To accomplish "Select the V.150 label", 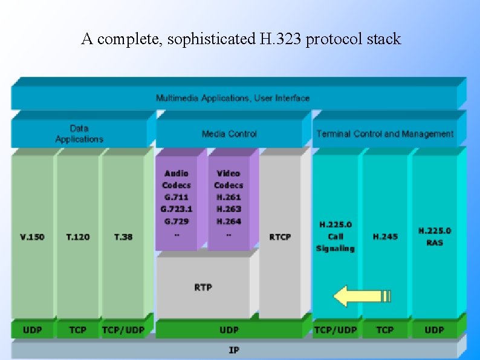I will pyautogui.click(x=32, y=237).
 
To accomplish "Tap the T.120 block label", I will pyautogui.click(x=78, y=237).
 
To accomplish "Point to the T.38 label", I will pyautogui.click(x=123, y=237).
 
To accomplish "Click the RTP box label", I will pyautogui.click(x=203, y=287).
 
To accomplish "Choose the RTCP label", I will pyautogui.click(x=280, y=237).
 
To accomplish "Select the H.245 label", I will pyautogui.click(x=385, y=237).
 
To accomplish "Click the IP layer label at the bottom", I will pyautogui.click(x=233, y=350).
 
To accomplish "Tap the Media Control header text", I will pyautogui.click(x=229, y=134).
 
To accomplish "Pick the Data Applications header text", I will pyautogui.click(x=79, y=134).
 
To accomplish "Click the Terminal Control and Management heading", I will pyautogui.click(x=385, y=134).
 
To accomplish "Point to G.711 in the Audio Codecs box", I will pyautogui.click(x=176, y=197).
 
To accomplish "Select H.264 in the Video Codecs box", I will pyautogui.click(x=229, y=221).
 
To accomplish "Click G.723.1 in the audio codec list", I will pyautogui.click(x=176, y=209).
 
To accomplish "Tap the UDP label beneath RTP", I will pyautogui.click(x=229, y=330).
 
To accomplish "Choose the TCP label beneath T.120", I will pyautogui.click(x=78, y=330).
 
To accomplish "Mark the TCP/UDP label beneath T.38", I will pyautogui.click(x=123, y=330).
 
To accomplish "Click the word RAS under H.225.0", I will pyautogui.click(x=434, y=243).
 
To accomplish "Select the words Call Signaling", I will pyautogui.click(x=336, y=243).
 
